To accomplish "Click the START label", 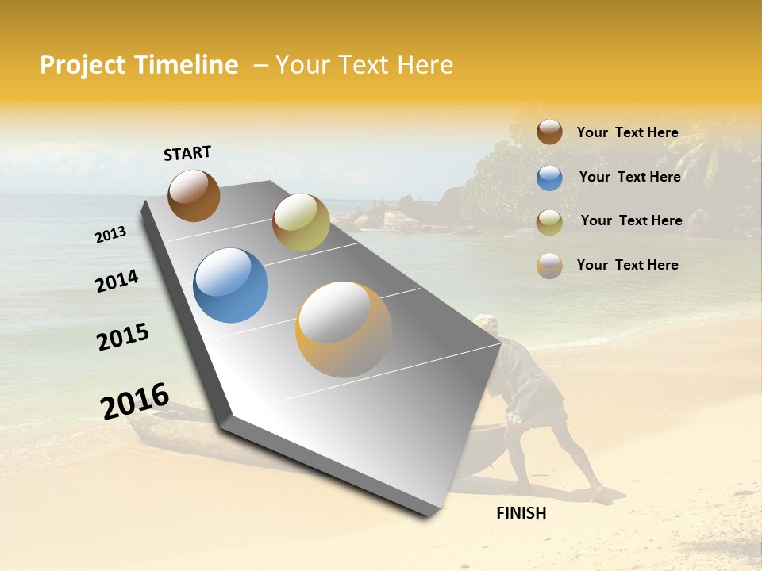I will coord(187,153).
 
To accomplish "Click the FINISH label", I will coord(521,513).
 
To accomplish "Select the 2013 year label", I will coord(111,234).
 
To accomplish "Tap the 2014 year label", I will coord(117,281).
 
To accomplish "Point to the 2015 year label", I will coord(123,337).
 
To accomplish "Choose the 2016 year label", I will coord(135,401).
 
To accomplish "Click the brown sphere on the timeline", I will coord(194,196).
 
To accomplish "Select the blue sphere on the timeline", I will coord(231,285).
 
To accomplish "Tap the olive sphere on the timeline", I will coord(301,222).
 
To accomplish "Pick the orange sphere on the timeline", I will coord(344,329).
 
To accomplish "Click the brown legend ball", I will coord(549,132).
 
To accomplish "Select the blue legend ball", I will coord(549,178).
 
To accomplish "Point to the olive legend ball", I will coord(549,222).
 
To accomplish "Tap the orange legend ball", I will coord(549,266).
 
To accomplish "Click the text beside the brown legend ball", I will coord(627,132).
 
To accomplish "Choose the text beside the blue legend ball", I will coord(629,177).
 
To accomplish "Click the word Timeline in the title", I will coord(186,65).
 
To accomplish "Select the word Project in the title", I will coord(83,66).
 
